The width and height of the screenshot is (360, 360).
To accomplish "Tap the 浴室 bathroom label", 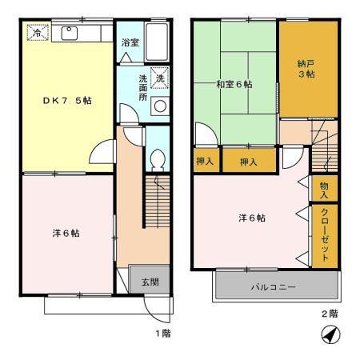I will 130,42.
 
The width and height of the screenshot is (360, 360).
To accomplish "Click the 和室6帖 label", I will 233,83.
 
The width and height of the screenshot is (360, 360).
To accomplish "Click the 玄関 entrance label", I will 150,282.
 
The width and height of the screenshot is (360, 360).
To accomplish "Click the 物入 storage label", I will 324,189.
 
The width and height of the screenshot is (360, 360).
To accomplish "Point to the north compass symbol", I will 328,337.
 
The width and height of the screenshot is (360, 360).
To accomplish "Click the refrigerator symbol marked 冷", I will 37,34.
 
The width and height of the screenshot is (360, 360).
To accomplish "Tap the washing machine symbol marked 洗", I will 159,79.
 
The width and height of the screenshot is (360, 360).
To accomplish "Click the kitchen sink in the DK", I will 67,34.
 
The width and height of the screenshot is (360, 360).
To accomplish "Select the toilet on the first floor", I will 158,158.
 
